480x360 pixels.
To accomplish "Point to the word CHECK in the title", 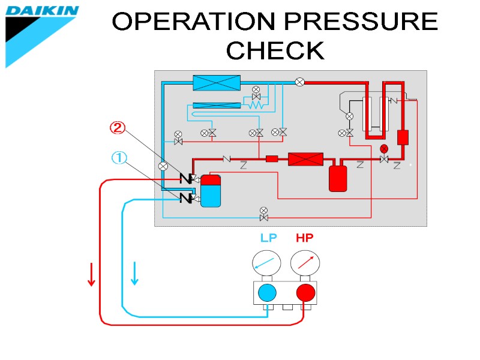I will pos(275,50).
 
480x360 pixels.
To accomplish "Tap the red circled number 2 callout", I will pos(117,128).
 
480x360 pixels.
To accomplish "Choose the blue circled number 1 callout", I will pos(119,158).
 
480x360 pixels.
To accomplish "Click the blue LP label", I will pos(268,238).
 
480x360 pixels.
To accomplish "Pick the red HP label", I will pos(305,238).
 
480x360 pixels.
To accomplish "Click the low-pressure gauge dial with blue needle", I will pos(267,262).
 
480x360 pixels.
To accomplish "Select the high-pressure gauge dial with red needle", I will pos(305,262).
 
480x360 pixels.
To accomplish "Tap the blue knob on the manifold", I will pos(267,293).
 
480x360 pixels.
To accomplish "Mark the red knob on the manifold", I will pos(305,293).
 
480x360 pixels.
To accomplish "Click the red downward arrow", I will pos(91,274).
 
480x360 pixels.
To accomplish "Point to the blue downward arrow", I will pos(134,274).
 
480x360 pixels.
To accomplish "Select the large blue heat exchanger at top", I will pos(216,83).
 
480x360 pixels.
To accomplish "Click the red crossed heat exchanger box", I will pos(305,159).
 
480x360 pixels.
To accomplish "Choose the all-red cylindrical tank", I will pos(338,178).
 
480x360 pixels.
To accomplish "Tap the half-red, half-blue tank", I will pos(211,191).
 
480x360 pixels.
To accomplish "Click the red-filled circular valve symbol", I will pos(384,148).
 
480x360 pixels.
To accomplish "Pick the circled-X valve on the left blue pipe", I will pos(162,166).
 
